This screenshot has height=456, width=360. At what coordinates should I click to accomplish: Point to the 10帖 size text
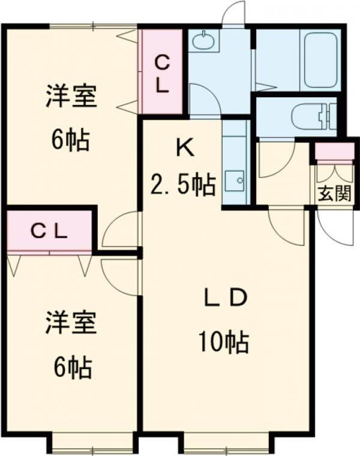223,342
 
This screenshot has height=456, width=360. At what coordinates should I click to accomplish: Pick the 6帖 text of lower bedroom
71,366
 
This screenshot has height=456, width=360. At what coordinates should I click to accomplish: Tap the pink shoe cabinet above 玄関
334,152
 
